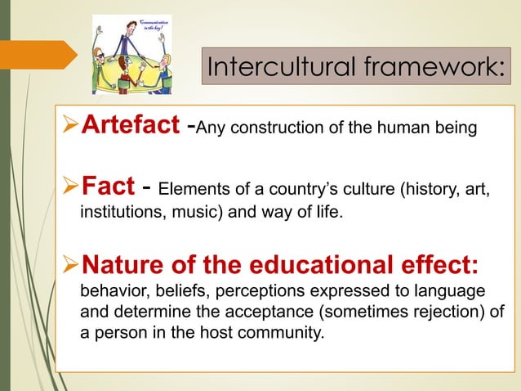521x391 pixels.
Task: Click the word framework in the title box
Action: [434, 67]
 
